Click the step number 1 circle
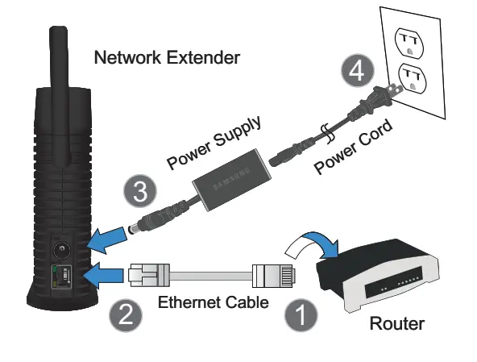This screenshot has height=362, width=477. click(x=299, y=314)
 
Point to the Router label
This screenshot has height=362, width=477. click(x=396, y=325)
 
